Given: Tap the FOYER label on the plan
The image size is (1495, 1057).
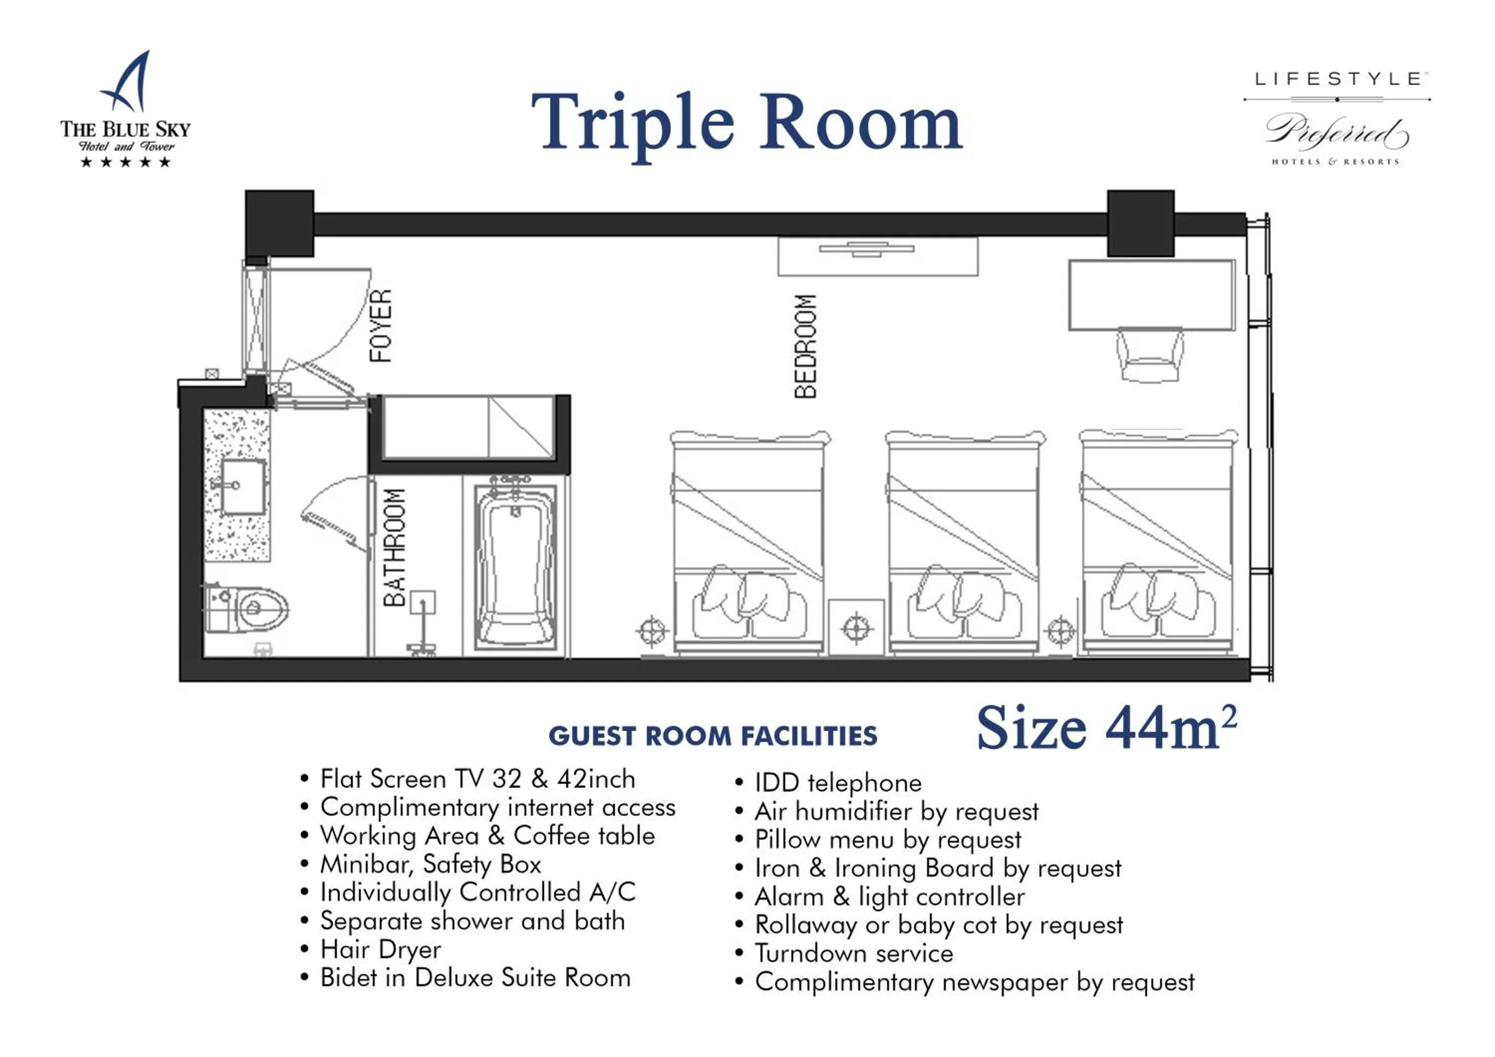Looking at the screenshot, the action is pos(381,325).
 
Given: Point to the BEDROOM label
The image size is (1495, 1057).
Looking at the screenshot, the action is pos(805,346).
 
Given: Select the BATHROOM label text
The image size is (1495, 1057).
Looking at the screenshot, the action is pos(394,547).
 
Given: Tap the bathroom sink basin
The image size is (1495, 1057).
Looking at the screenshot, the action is pos(243,487).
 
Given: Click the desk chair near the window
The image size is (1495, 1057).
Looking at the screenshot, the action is pos(1150,355).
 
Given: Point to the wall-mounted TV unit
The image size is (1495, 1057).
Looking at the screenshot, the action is pos(878,256).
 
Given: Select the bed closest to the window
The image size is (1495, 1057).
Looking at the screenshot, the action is pos(1158,541).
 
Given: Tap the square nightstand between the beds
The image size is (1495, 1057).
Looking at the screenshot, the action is pos(856,628).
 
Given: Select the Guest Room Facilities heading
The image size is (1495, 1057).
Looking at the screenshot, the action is pos(713,736).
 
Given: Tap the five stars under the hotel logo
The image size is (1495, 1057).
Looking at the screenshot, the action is pos(126,162).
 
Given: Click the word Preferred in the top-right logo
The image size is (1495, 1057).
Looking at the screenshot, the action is pos(1337,132).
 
